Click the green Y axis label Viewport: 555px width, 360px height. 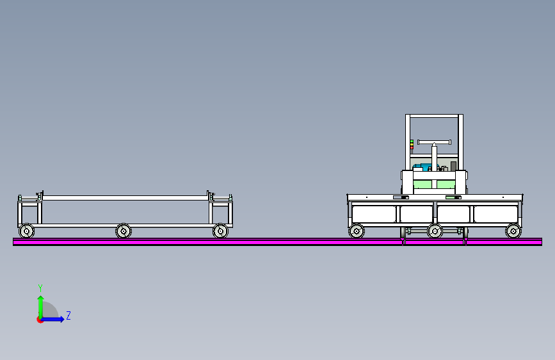click(x=40, y=288)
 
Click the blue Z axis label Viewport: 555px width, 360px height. click(x=68, y=315)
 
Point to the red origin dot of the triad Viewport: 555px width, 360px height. click(x=40, y=319)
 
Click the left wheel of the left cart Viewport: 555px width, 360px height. click(x=26, y=231)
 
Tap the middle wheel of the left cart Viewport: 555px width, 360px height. click(x=124, y=231)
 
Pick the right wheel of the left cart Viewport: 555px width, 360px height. click(x=220, y=231)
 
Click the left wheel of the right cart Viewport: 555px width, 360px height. click(x=357, y=231)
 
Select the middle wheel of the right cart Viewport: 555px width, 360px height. click(x=435, y=231)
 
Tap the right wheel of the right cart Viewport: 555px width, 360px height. click(x=513, y=231)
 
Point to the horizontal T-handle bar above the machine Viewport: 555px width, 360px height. click(x=434, y=141)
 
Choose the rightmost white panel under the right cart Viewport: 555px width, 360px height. click(x=495, y=213)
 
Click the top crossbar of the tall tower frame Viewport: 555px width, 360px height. click(x=434, y=116)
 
